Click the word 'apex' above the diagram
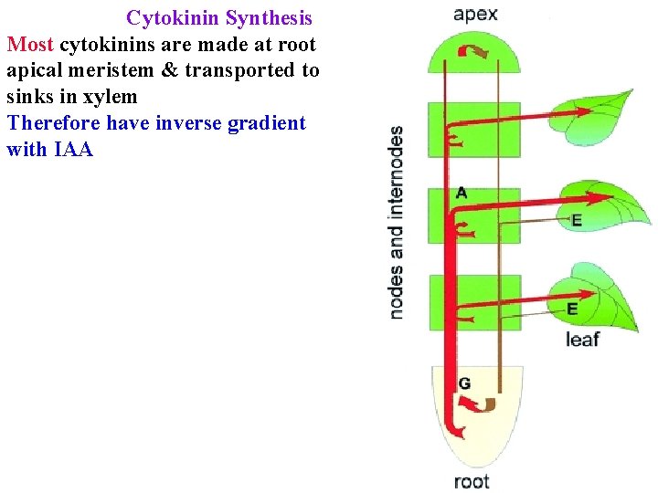click(475, 14)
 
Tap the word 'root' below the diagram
click(472, 481)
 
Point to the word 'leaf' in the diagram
click(582, 340)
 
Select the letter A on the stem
click(462, 193)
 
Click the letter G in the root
click(464, 383)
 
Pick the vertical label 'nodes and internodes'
click(397, 222)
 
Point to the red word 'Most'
click(30, 45)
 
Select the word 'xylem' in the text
click(110, 97)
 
